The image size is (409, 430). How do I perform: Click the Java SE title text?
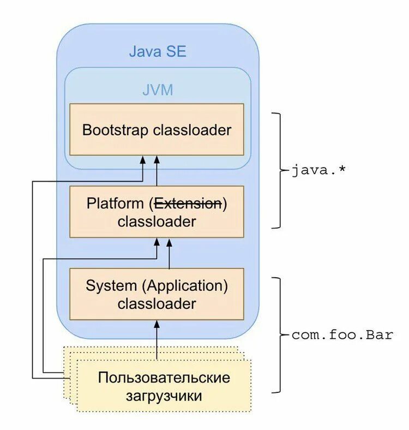tap(158, 51)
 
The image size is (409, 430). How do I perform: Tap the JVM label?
tap(158, 90)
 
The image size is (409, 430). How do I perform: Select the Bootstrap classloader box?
tap(157, 129)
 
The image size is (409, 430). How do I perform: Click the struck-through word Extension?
tap(188, 204)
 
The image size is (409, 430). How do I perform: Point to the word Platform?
tap(115, 204)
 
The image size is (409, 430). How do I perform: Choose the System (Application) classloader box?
tap(157, 294)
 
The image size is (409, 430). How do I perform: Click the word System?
tap(111, 286)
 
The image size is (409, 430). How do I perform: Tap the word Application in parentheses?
tap(185, 286)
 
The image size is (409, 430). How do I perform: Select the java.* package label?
tap(318, 170)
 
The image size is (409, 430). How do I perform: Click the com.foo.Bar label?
tap(342, 335)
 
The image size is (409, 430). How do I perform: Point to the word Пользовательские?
tap(164, 378)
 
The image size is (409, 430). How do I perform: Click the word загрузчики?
tap(164, 396)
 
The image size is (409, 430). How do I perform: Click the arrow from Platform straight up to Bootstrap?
tap(157, 171)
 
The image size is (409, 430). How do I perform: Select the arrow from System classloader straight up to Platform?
tap(169, 254)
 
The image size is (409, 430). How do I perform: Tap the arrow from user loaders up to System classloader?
tap(157, 340)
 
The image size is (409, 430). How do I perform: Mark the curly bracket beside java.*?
tap(280, 170)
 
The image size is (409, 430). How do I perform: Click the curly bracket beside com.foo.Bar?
tap(280, 335)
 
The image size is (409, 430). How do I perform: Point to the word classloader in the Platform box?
tap(157, 222)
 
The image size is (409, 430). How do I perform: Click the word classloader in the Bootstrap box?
tap(192, 130)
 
